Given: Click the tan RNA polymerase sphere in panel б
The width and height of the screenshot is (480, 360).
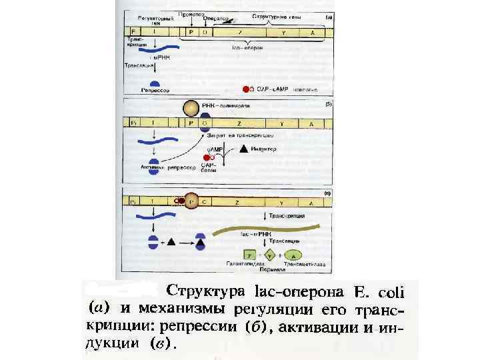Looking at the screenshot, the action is [x=191, y=108].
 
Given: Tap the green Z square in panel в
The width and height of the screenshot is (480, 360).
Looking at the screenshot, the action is [x=249, y=254].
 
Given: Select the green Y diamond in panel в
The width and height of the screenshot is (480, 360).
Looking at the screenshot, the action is [x=270, y=254].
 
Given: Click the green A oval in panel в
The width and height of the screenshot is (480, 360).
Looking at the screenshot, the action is [x=295, y=254].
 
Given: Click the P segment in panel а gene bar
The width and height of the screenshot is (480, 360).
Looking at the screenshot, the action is [x=191, y=31].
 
